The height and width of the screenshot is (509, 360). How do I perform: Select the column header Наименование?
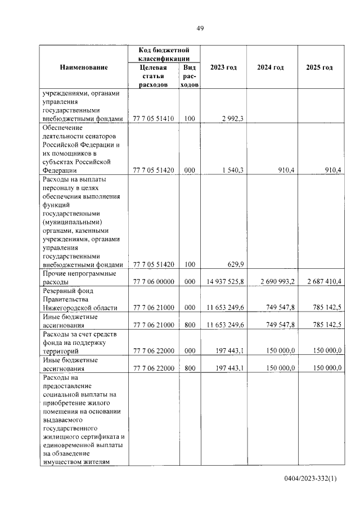[83, 67]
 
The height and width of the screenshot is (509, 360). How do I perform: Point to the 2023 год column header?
[223, 67]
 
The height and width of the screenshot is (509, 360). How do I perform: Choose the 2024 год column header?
[270, 67]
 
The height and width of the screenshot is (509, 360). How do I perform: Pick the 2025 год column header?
[319, 67]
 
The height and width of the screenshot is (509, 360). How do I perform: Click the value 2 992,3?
[232, 119]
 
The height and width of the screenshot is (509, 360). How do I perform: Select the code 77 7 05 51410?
[154, 119]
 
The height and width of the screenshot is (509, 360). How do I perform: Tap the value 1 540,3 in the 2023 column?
[232, 170]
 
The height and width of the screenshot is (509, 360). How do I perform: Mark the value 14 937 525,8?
[224, 282]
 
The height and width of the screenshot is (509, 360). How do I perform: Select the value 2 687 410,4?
[321, 282]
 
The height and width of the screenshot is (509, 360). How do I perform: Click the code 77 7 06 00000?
[154, 282]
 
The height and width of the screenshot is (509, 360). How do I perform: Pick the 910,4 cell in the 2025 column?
[330, 170]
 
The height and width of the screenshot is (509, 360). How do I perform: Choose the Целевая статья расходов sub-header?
[153, 76]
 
